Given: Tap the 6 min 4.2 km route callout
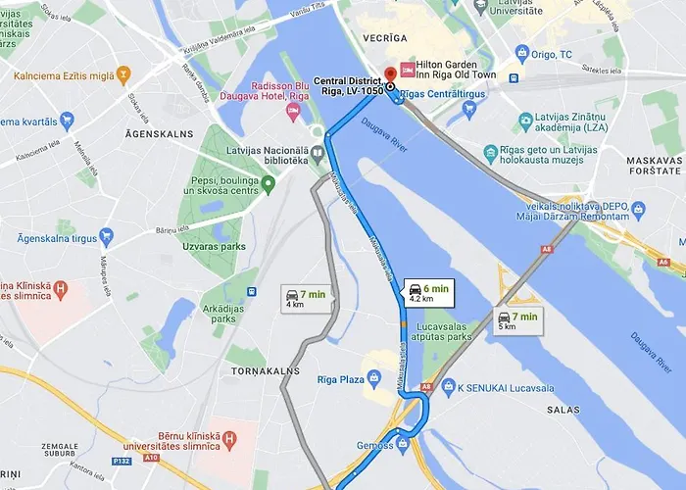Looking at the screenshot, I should pos(427,293).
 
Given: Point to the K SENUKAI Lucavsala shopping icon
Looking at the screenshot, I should pos(448,387).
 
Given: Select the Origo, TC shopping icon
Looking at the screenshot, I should pos(521,53).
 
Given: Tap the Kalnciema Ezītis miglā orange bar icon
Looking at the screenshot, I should pos(123,74).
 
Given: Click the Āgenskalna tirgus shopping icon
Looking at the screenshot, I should pos(106,237).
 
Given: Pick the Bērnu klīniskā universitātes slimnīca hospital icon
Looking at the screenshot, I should pos(231,439).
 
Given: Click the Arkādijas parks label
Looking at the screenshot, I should pos(223,312).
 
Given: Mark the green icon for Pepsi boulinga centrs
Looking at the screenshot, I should pos(269,182).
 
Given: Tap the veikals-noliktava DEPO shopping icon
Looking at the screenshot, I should pos(639,209).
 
